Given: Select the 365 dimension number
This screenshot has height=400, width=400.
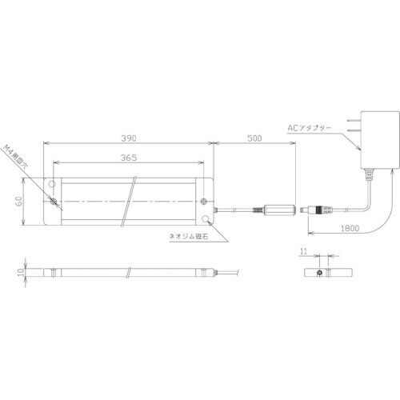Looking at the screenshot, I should tap(129, 158).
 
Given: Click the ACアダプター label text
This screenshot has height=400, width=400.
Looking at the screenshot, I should tap(308, 126).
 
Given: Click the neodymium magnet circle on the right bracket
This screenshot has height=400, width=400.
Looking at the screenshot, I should tap(207, 218).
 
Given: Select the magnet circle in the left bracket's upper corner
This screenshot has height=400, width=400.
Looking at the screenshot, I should tap(52, 182).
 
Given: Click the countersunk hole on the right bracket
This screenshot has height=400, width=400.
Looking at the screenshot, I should tap(206, 201).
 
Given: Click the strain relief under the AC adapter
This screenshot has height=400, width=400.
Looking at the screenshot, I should tap(370, 176).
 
